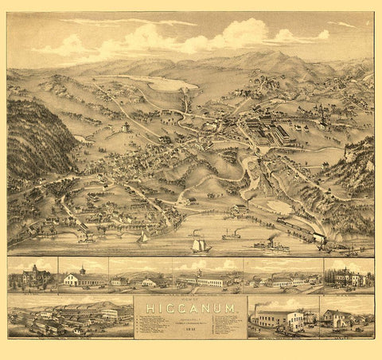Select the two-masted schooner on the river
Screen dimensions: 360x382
tap(201, 246)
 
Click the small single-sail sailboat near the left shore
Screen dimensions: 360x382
tap(143, 237)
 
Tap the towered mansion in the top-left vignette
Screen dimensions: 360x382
tap(33, 276)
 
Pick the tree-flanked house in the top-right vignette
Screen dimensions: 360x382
tap(348, 277)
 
